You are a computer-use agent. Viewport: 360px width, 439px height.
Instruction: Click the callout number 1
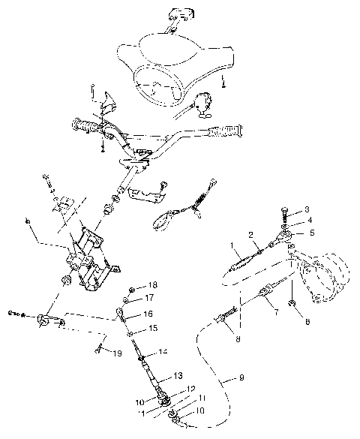[x=232, y=245]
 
